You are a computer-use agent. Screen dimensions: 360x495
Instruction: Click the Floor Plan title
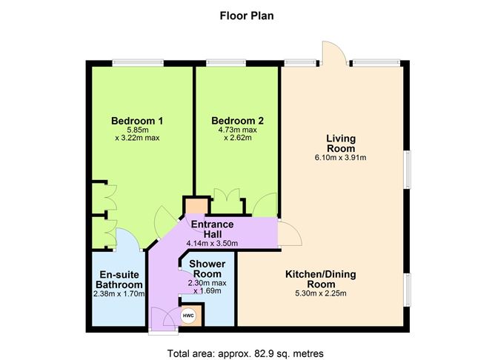[x=247, y=14]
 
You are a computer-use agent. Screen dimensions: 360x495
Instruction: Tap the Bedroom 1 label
[x=137, y=121]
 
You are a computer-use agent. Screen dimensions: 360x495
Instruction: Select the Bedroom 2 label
[x=237, y=121]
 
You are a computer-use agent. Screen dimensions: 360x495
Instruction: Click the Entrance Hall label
[x=213, y=229]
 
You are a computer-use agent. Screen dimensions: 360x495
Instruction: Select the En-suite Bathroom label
[x=120, y=279]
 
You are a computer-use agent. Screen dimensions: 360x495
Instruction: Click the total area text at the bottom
[x=247, y=353]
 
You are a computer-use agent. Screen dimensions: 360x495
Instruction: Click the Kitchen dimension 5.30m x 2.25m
[x=321, y=293]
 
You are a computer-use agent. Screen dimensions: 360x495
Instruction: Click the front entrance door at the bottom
[x=159, y=319]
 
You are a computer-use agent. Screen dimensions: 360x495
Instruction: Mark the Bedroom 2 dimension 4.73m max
[x=237, y=130]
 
